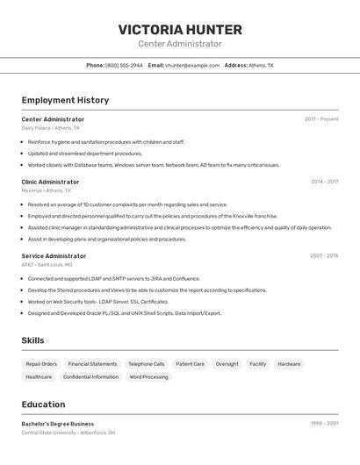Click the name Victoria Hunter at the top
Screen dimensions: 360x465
tap(180, 30)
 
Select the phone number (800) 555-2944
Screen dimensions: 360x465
tap(124, 65)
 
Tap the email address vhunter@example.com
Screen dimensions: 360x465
tap(192, 65)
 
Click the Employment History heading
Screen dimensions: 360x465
tap(65, 100)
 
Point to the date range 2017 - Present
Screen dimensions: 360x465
tap(321, 118)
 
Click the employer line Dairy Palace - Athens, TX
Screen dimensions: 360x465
tap(50, 128)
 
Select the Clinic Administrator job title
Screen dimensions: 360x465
tap(50, 182)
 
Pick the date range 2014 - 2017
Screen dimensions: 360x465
tap(324, 182)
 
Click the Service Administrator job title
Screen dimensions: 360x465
tap(54, 255)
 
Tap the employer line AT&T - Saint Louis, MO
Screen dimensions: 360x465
tap(47, 264)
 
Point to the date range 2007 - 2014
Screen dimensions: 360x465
tap(324, 255)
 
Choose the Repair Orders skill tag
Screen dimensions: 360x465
tap(41, 363)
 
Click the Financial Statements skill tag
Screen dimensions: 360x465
tap(92, 363)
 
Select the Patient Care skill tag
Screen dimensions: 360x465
tap(190, 363)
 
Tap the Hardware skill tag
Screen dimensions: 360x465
tap(289, 363)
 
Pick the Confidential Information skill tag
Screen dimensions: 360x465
tap(90, 377)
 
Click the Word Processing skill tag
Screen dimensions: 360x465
tap(148, 377)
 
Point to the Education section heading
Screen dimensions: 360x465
tap(43, 404)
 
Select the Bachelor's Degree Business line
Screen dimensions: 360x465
tap(58, 424)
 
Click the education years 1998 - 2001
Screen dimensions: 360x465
tap(325, 424)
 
